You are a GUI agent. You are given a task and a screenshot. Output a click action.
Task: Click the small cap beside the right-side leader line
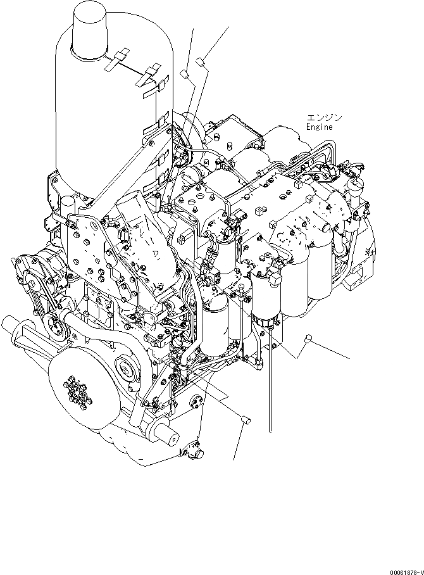308,338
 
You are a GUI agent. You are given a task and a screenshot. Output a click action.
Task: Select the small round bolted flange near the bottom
196,403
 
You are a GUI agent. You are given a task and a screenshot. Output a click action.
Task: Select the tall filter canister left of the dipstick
218,326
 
